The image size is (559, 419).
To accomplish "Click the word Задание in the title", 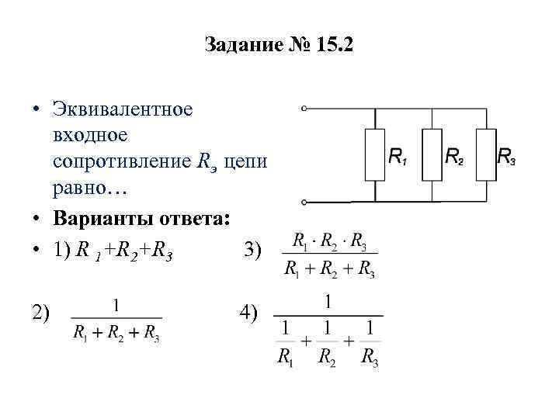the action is pyautogui.click(x=241, y=46).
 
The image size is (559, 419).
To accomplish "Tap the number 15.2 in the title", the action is pyautogui.click(x=335, y=46).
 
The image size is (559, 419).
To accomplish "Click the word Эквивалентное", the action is pyautogui.click(x=123, y=109).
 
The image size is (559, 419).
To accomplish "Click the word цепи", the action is pyautogui.click(x=246, y=162).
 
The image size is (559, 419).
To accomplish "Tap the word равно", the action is pyautogui.click(x=84, y=189).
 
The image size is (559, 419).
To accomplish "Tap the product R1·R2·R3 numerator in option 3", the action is pyautogui.click(x=329, y=241).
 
